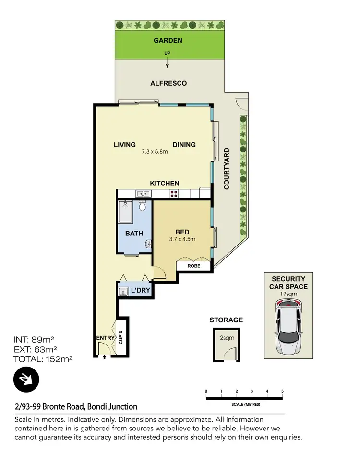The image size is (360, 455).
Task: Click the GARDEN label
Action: (x=168, y=41)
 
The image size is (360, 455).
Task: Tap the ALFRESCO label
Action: (x=168, y=83)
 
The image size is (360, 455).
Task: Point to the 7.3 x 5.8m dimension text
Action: (x=155, y=152)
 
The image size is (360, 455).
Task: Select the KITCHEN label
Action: (x=164, y=184)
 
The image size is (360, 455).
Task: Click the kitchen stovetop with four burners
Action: (x=174, y=194)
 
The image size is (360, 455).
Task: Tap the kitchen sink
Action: (x=143, y=194)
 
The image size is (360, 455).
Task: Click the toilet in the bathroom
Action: (x=142, y=206)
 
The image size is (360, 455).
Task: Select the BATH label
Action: (x=134, y=234)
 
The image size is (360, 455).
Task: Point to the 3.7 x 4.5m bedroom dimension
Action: (x=182, y=239)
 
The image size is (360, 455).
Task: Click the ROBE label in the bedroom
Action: (x=194, y=265)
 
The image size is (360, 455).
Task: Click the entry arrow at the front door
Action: (x=104, y=357)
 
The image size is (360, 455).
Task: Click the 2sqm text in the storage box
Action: (x=227, y=338)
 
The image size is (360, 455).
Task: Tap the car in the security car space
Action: (x=288, y=326)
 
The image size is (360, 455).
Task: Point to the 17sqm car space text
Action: (x=288, y=293)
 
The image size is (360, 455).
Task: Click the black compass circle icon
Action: (x=26, y=379)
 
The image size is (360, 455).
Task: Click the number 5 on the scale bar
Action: (x=282, y=391)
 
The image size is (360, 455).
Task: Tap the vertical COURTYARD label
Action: (x=227, y=169)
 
